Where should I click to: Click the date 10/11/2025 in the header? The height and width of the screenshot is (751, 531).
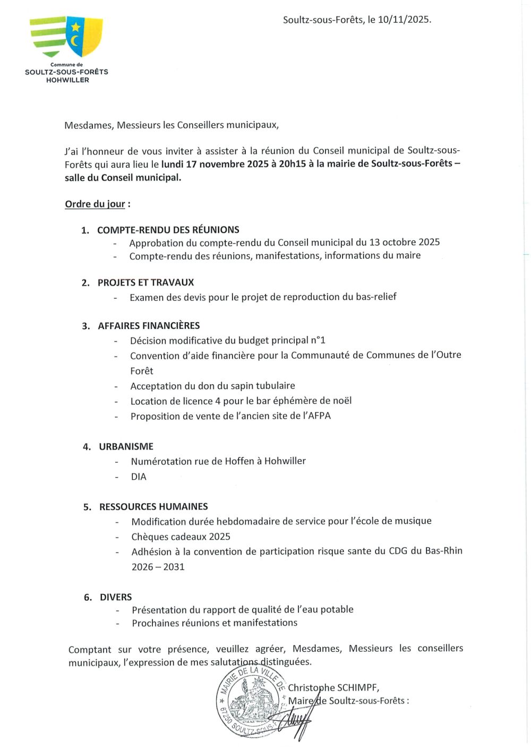click(403, 20)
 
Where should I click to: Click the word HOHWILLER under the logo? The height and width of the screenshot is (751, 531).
click(67, 80)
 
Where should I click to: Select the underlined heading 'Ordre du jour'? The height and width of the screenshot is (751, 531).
click(95, 204)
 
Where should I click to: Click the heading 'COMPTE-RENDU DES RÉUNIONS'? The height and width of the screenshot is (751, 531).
click(168, 230)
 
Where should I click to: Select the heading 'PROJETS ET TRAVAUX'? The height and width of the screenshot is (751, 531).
click(145, 282)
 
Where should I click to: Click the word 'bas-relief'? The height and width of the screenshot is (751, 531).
click(376, 297)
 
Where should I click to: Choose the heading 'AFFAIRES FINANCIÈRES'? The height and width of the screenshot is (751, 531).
click(149, 325)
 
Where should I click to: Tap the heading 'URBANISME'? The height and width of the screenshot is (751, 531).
click(126, 446)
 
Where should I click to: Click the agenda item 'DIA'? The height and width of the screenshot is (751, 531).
click(139, 477)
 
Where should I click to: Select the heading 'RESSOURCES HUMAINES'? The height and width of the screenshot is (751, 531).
click(153, 506)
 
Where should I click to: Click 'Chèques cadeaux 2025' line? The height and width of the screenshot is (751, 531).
click(181, 537)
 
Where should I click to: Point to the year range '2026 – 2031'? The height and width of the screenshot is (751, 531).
click(158, 567)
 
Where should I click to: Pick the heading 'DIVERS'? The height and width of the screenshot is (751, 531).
click(116, 597)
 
